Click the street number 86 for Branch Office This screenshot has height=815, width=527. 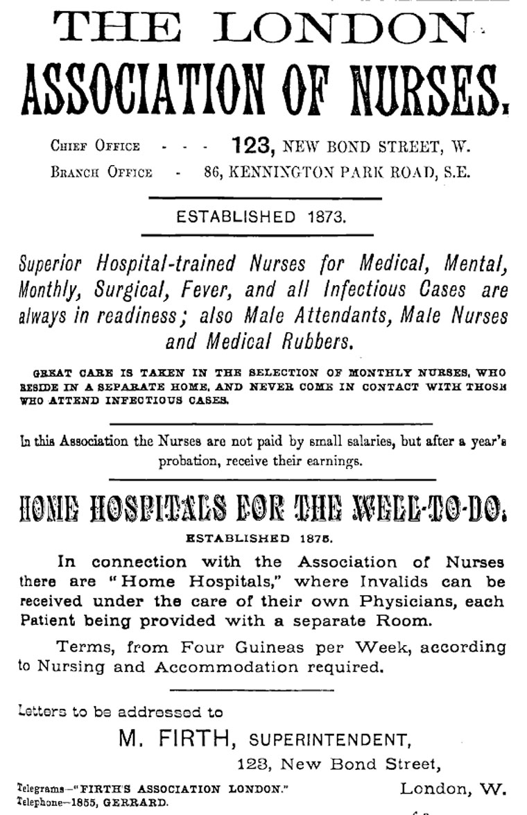(212, 172)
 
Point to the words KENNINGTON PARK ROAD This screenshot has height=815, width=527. (320, 172)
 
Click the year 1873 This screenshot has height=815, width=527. (325, 217)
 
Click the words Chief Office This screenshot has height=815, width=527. (95, 146)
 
